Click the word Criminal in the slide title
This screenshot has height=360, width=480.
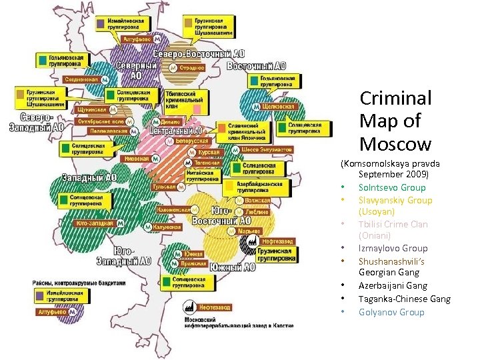tap(395, 98)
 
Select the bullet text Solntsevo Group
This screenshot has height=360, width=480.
tap(391, 187)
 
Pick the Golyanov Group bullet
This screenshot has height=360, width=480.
tap(391, 312)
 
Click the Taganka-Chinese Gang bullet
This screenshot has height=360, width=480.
tap(404, 299)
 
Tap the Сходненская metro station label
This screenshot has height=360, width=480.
tap(81, 79)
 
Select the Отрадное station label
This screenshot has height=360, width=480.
tap(191, 67)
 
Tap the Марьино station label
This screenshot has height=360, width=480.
tap(248, 231)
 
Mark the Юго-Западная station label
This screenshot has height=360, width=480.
tap(95, 223)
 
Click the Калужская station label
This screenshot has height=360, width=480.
tap(166, 227)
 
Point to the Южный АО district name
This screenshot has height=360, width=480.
tap(232, 267)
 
